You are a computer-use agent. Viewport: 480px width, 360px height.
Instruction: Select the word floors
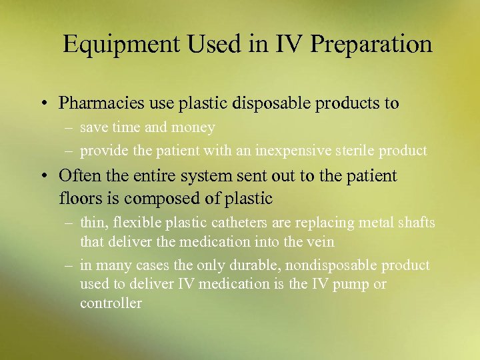click(79, 198)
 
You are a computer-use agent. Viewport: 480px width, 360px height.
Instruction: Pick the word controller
click(111, 303)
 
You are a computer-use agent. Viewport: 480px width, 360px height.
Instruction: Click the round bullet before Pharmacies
click(43, 104)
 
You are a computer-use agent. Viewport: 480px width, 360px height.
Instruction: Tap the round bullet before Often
click(43, 177)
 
